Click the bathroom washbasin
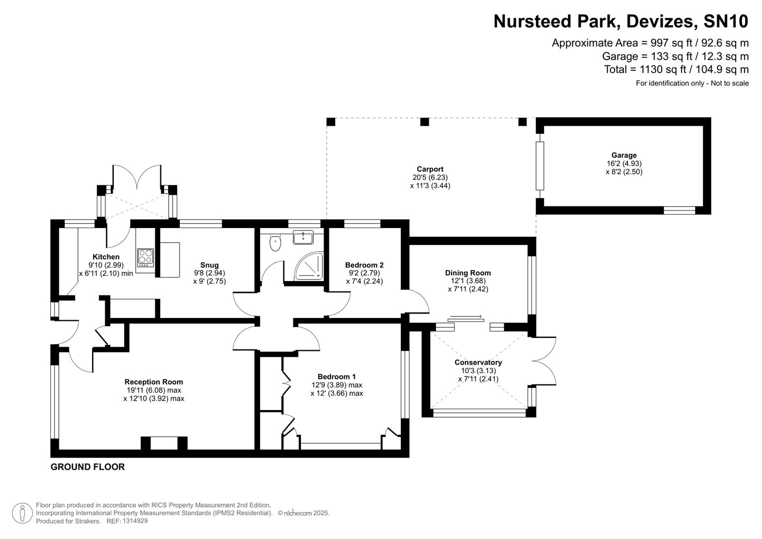[x=303, y=237]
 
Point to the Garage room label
[x=624, y=155]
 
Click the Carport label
[x=430, y=169]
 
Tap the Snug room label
[x=210, y=265]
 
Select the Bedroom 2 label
[x=364, y=265]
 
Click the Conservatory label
[x=478, y=362]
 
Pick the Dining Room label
[x=468, y=273]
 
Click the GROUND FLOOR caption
[x=88, y=467]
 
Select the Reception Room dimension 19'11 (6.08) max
[x=154, y=390]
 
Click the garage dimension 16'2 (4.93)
[x=624, y=164]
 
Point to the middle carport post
[x=425, y=122]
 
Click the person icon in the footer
[x=22, y=513]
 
